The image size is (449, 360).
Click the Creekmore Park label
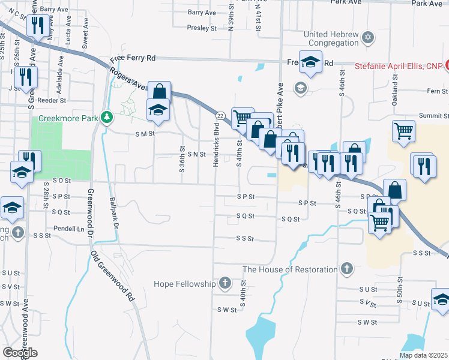tap(68, 118)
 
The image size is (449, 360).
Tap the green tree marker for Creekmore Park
tap(107, 117)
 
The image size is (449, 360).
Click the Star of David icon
tap(369, 39)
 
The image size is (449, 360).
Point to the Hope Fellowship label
tap(184, 283)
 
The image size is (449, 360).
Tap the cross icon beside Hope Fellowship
tap(224, 283)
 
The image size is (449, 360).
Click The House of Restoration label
tap(291, 269)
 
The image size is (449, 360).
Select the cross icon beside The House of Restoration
tap(346, 269)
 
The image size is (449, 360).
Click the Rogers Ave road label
tap(127, 78)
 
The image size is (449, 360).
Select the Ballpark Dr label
tap(113, 206)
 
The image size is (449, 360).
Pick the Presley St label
tap(201, 27)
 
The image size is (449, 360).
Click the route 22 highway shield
tap(220, 115)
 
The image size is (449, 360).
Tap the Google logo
tap(20, 353)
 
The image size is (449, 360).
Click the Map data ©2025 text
tap(423, 355)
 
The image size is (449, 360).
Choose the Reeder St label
tap(51, 100)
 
